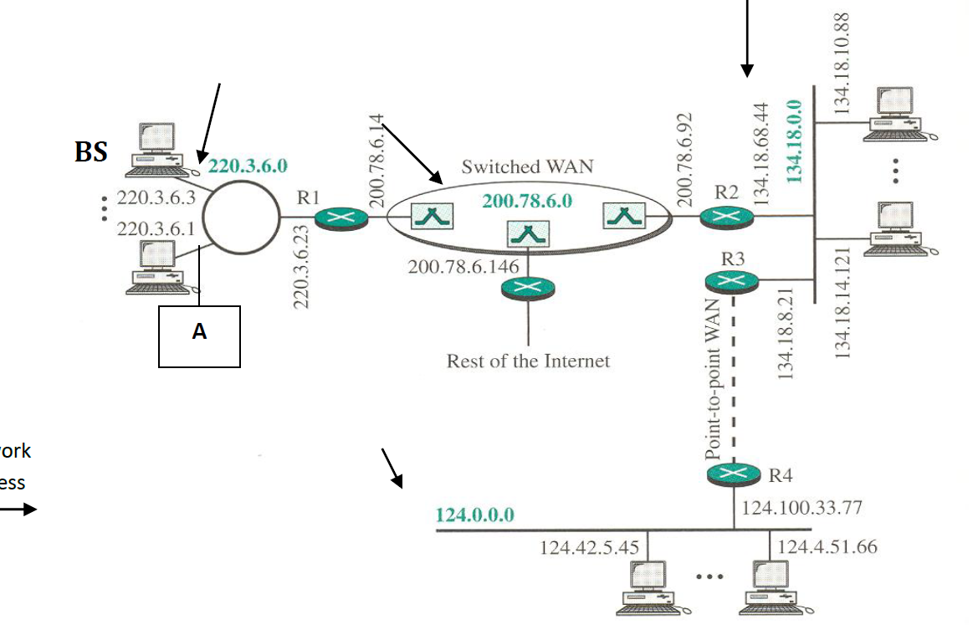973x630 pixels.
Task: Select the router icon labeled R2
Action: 726,218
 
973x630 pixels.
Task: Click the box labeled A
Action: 199,336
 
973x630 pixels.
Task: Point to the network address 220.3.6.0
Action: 248,166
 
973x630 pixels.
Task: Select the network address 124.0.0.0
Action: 475,514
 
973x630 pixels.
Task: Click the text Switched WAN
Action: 527,166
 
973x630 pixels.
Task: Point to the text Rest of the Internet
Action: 528,361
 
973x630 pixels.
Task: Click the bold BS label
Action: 91,153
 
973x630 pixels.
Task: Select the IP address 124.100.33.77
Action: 801,508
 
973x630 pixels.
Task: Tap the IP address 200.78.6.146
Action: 463,266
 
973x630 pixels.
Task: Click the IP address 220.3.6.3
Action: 156,199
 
